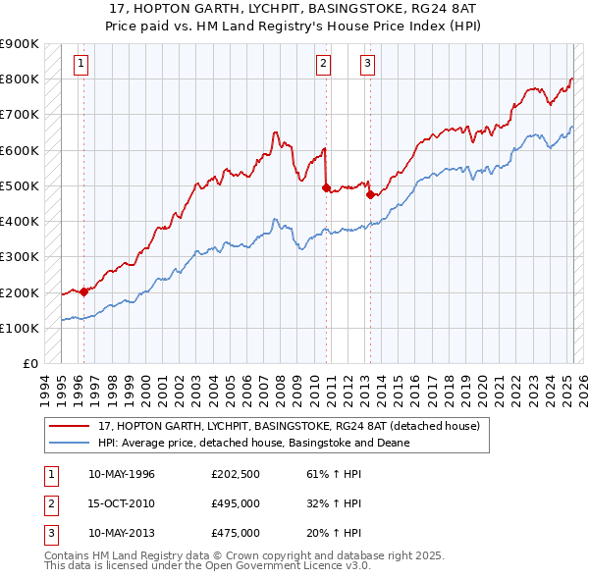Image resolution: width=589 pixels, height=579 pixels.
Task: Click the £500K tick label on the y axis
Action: pyautogui.click(x=21, y=185)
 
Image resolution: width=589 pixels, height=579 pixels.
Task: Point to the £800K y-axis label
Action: pyautogui.click(x=21, y=79)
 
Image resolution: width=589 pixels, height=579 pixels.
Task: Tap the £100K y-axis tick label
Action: pyautogui.click(x=21, y=328)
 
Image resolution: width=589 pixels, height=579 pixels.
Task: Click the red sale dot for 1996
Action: pyautogui.click(x=84, y=290)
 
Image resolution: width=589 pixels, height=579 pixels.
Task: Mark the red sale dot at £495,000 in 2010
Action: pyautogui.click(x=326, y=186)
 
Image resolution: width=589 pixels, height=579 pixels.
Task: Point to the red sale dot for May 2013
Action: pyautogui.click(x=370, y=194)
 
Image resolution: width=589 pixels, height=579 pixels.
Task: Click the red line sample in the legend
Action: pyautogui.click(x=70, y=426)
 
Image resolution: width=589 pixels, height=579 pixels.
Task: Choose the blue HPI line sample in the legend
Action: pyautogui.click(x=70, y=443)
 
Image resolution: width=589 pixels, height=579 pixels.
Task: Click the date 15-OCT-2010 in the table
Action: pyautogui.click(x=122, y=503)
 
